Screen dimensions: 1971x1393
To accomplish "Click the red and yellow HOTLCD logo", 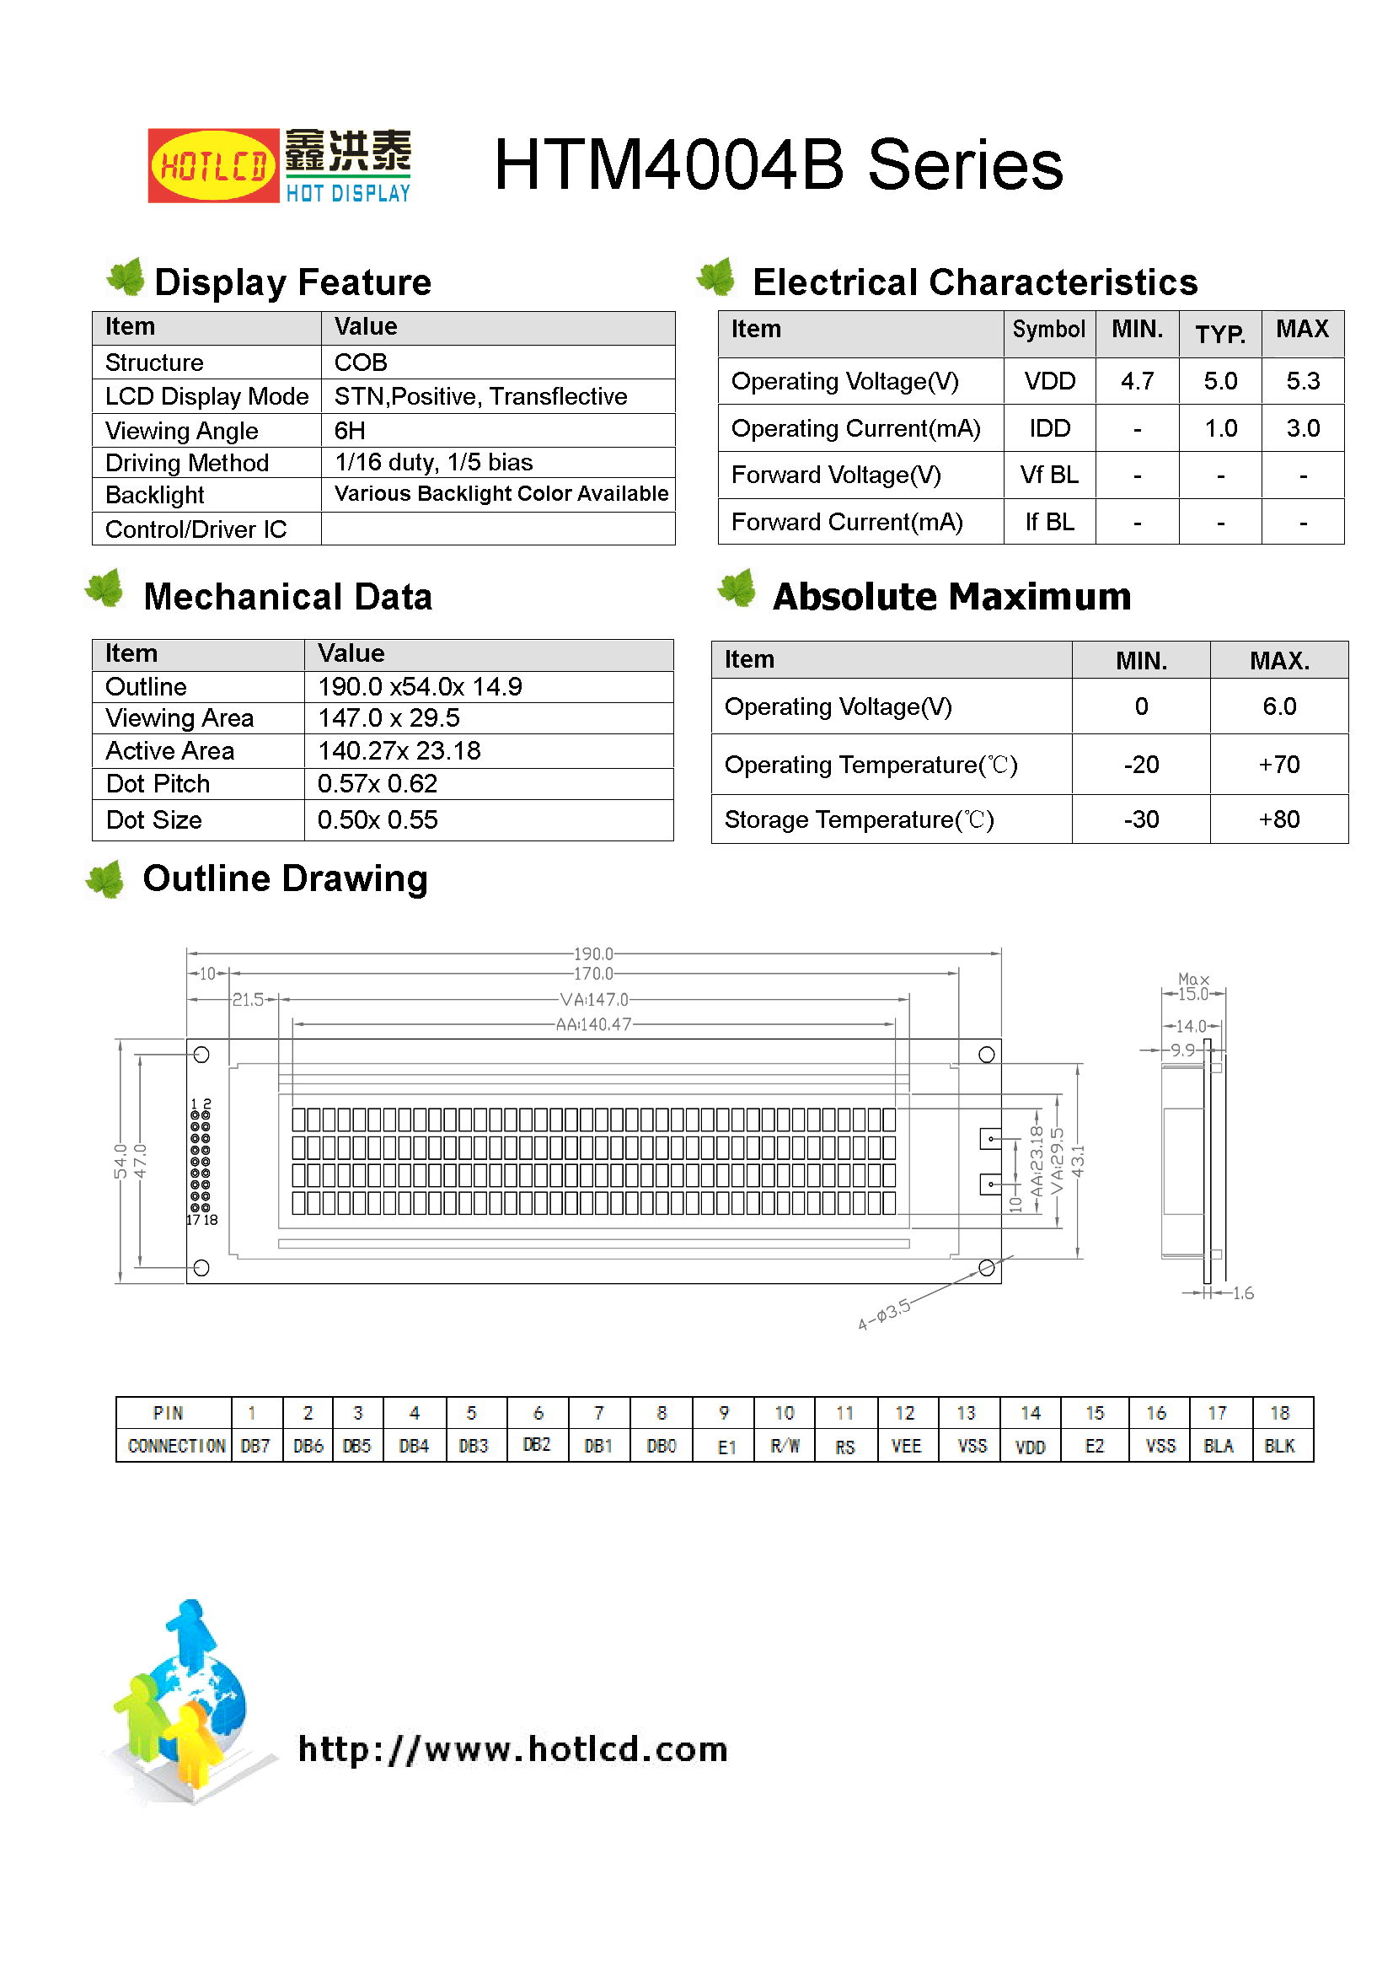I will click(213, 166).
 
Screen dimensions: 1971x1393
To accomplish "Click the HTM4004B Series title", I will click(778, 165).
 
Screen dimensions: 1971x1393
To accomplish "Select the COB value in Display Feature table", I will click(361, 363).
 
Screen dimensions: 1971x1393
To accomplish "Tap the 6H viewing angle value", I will click(350, 430).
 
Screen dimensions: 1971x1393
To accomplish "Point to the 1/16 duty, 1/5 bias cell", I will click(433, 463).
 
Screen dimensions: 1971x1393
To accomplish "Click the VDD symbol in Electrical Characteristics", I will click(1049, 381).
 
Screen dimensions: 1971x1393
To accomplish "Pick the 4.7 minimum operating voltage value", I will click(1136, 381).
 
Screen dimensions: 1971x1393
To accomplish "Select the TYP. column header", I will click(1219, 334).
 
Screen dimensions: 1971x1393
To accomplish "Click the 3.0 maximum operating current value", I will click(1302, 428).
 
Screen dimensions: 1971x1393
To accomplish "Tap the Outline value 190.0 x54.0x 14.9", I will click(420, 687).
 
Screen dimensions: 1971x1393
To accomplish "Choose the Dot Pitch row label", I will click(158, 784).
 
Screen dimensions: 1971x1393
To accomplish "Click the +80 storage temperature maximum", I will click(1278, 819).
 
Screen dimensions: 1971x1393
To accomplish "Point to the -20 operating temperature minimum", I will click(1141, 765).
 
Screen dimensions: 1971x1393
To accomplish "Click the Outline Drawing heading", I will click(285, 879).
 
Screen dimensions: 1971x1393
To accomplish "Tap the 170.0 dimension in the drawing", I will click(593, 974).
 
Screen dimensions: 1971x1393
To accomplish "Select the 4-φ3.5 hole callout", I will click(884, 1314).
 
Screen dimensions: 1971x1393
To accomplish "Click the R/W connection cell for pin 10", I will click(785, 1446).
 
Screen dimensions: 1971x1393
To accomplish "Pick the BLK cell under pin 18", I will click(1279, 1446).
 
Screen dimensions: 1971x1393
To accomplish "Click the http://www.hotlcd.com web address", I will click(512, 1748).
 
